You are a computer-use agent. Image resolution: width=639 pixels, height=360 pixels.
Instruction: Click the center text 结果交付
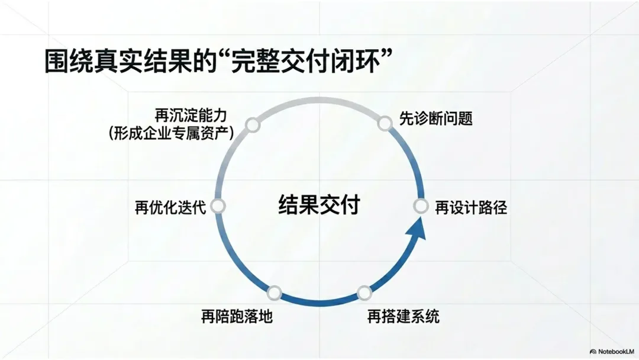pyautogui.click(x=319, y=205)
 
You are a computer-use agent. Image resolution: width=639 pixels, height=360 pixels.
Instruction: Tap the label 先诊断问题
pyautogui.click(x=436, y=118)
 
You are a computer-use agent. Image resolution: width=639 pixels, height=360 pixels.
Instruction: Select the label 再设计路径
pyautogui.click(x=471, y=208)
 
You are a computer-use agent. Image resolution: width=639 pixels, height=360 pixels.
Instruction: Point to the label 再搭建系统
pyautogui.click(x=404, y=316)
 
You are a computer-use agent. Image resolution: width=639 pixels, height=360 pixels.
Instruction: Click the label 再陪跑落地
pyautogui.click(x=237, y=316)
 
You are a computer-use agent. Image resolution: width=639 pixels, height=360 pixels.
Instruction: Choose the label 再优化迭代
pyautogui.click(x=170, y=208)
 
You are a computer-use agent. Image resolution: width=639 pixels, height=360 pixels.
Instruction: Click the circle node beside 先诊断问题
pyautogui.click(x=385, y=123)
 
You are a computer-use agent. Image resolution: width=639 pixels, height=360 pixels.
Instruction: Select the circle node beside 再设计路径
pyautogui.click(x=420, y=206)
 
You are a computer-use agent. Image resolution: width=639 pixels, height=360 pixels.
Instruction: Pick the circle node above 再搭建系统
pyautogui.click(x=364, y=292)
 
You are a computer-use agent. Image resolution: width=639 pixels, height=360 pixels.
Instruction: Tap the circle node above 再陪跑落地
pyautogui.click(x=274, y=292)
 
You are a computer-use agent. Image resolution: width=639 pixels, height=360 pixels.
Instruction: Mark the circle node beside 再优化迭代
pyautogui.click(x=218, y=206)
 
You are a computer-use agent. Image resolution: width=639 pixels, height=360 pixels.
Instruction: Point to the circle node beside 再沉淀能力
pyautogui.click(x=253, y=125)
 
